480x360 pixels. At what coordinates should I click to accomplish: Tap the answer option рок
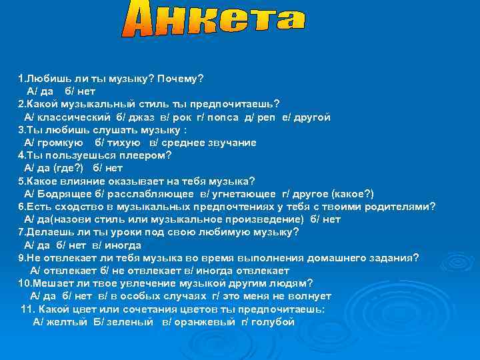click(x=181, y=117)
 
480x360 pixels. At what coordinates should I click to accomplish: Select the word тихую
click(x=124, y=143)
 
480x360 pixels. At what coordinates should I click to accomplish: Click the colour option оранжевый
click(x=203, y=322)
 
